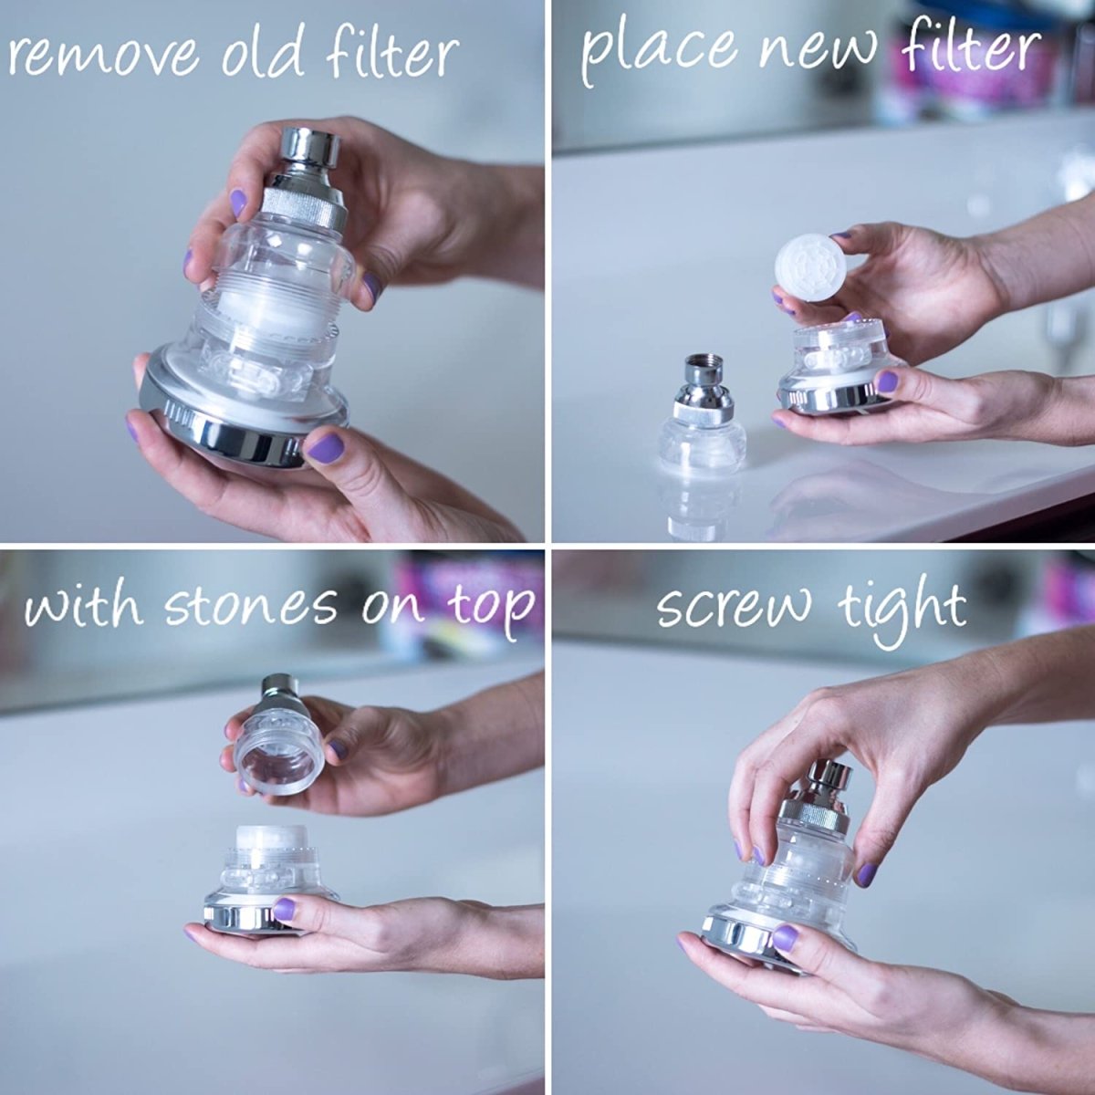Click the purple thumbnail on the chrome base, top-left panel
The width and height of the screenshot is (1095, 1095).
click(326, 448)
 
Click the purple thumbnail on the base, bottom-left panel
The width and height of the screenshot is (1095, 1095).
click(285, 908)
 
